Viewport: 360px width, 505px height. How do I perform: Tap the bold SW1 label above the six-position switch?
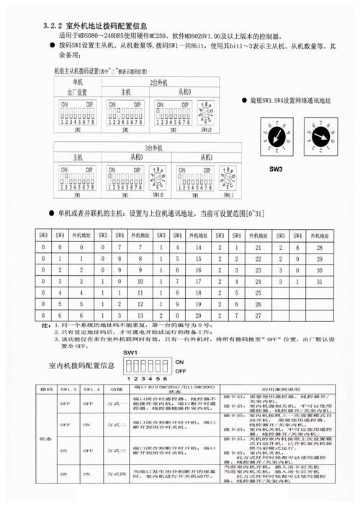130,352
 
